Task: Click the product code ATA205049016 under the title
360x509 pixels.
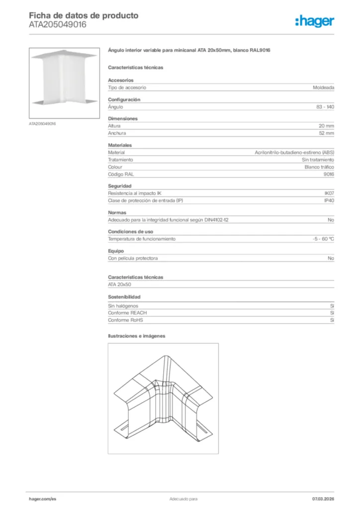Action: coord(58,24)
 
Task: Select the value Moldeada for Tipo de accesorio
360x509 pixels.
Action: coord(323,87)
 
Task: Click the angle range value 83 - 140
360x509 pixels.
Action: coord(325,107)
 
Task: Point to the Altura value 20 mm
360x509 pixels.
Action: coord(326,126)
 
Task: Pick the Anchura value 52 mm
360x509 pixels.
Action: coord(326,133)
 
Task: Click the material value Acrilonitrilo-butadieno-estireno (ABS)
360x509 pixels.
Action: coord(294,153)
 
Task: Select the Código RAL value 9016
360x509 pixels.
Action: coord(329,174)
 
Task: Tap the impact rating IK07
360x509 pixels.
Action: coord(329,193)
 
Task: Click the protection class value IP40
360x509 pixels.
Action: coord(329,200)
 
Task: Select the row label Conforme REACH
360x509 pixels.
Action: coord(127,313)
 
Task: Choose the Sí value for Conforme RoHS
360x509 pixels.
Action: coord(332,320)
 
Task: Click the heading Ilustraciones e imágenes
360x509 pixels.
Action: coord(137,336)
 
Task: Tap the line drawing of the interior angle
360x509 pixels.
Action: coord(163,398)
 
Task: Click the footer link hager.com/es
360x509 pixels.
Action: coord(42,499)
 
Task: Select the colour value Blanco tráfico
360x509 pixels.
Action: coord(319,167)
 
